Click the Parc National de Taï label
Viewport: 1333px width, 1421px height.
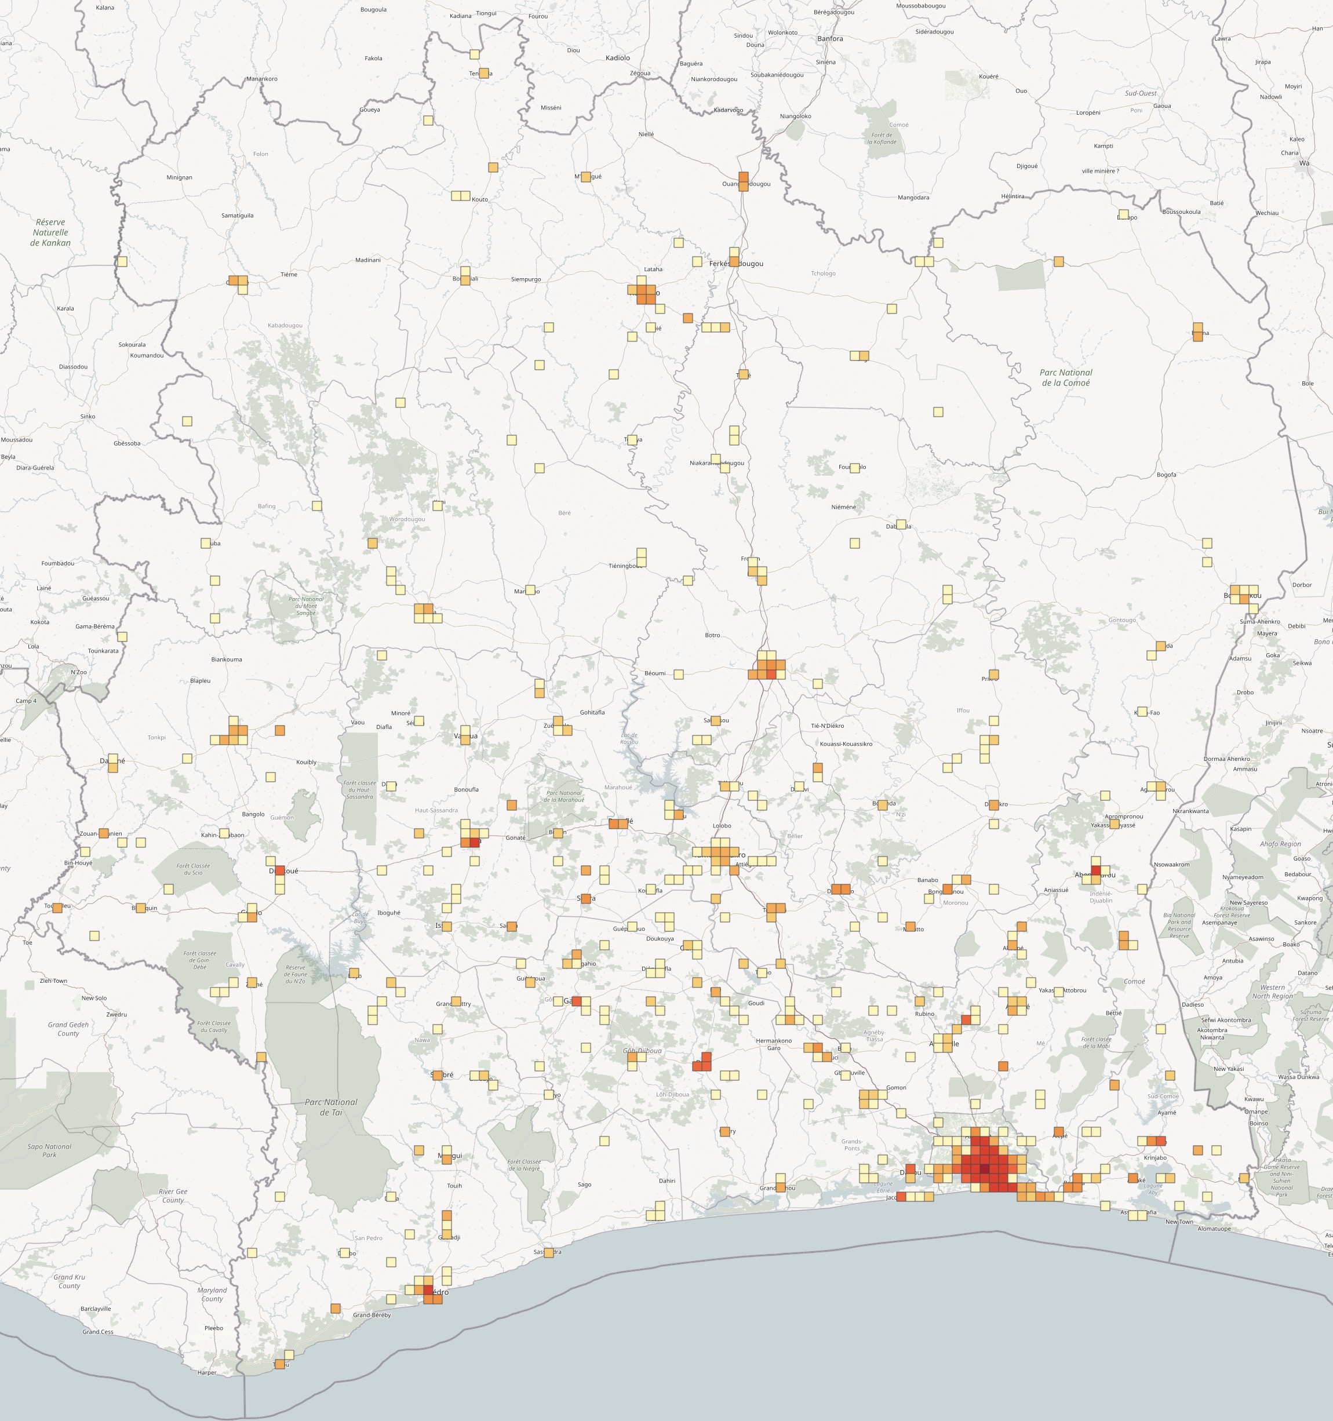point(331,1107)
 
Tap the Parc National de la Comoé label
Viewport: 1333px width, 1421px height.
point(1066,377)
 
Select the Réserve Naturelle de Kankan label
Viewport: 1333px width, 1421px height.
point(50,232)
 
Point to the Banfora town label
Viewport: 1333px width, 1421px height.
point(830,39)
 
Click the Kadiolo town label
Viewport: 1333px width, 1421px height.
point(618,58)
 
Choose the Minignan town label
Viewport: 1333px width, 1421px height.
point(180,177)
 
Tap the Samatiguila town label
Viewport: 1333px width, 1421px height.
point(237,215)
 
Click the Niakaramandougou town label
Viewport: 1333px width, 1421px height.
point(717,463)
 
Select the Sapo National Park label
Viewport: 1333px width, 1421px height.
point(49,1150)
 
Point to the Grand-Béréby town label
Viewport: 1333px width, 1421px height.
point(372,1314)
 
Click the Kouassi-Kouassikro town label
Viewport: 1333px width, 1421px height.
point(846,744)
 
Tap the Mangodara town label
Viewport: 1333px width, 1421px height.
point(913,197)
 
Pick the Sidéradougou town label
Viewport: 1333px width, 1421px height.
point(934,31)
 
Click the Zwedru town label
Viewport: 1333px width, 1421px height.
point(116,1014)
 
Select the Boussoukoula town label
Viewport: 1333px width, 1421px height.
point(1182,212)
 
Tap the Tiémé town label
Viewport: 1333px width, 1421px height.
point(289,275)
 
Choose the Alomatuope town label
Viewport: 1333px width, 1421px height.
point(1214,1229)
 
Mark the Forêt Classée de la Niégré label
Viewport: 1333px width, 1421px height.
point(523,1165)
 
